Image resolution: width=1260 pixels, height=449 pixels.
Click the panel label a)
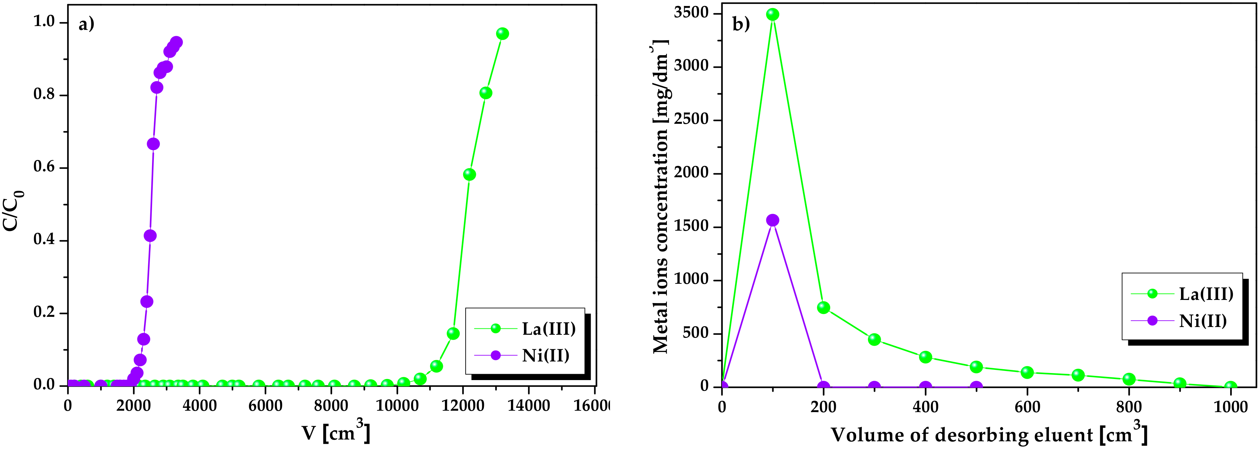[86, 24]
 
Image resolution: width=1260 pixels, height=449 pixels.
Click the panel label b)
[741, 24]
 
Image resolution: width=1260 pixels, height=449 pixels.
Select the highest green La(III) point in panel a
[502, 34]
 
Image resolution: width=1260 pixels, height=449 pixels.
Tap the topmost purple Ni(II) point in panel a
[177, 43]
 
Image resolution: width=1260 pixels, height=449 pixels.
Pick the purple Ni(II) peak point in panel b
[772, 220]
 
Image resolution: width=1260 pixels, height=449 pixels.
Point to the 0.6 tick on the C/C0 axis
[44, 167]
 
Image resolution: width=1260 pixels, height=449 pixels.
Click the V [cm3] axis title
[336, 433]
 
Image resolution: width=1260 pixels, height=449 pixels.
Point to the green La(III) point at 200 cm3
[823, 308]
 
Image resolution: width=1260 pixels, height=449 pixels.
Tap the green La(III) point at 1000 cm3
[1231, 387]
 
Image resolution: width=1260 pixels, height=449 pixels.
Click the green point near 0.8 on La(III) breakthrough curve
[485, 93]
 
